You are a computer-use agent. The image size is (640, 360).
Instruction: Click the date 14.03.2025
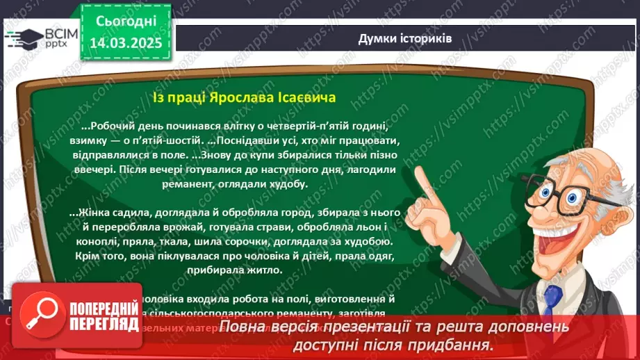(126, 42)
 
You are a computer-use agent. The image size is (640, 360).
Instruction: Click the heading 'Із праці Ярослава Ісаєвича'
(244, 97)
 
